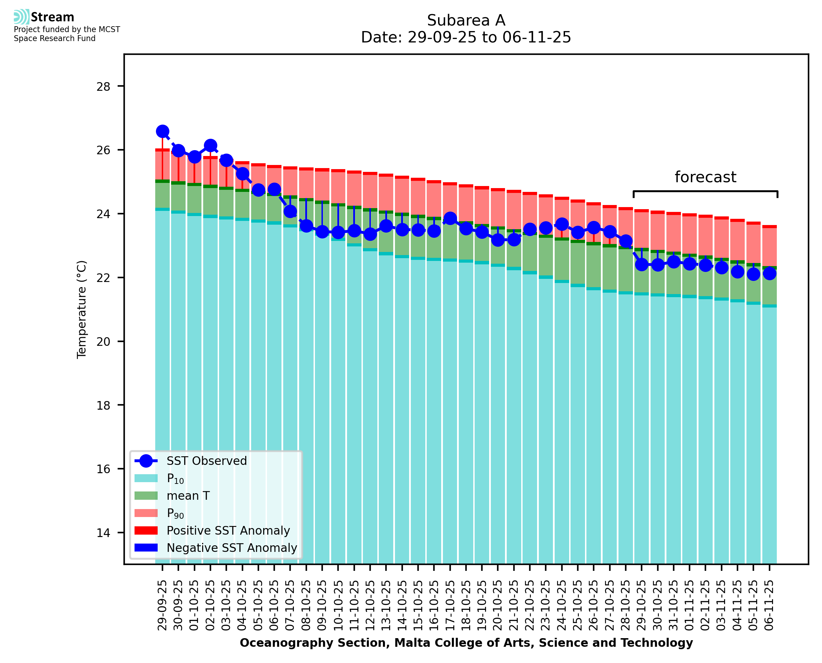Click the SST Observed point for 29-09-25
coord(162,131)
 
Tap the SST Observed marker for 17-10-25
coord(450,218)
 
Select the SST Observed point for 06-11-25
coord(769,273)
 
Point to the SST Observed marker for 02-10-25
coord(211,146)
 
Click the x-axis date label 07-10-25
coord(290,606)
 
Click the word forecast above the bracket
coord(705,177)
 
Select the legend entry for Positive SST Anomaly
coord(228,530)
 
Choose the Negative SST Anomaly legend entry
coord(232,548)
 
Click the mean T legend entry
coord(188,496)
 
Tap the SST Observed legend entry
coord(207,461)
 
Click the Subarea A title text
coord(466,20)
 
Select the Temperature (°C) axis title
coord(82,309)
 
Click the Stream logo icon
coord(21,17)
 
